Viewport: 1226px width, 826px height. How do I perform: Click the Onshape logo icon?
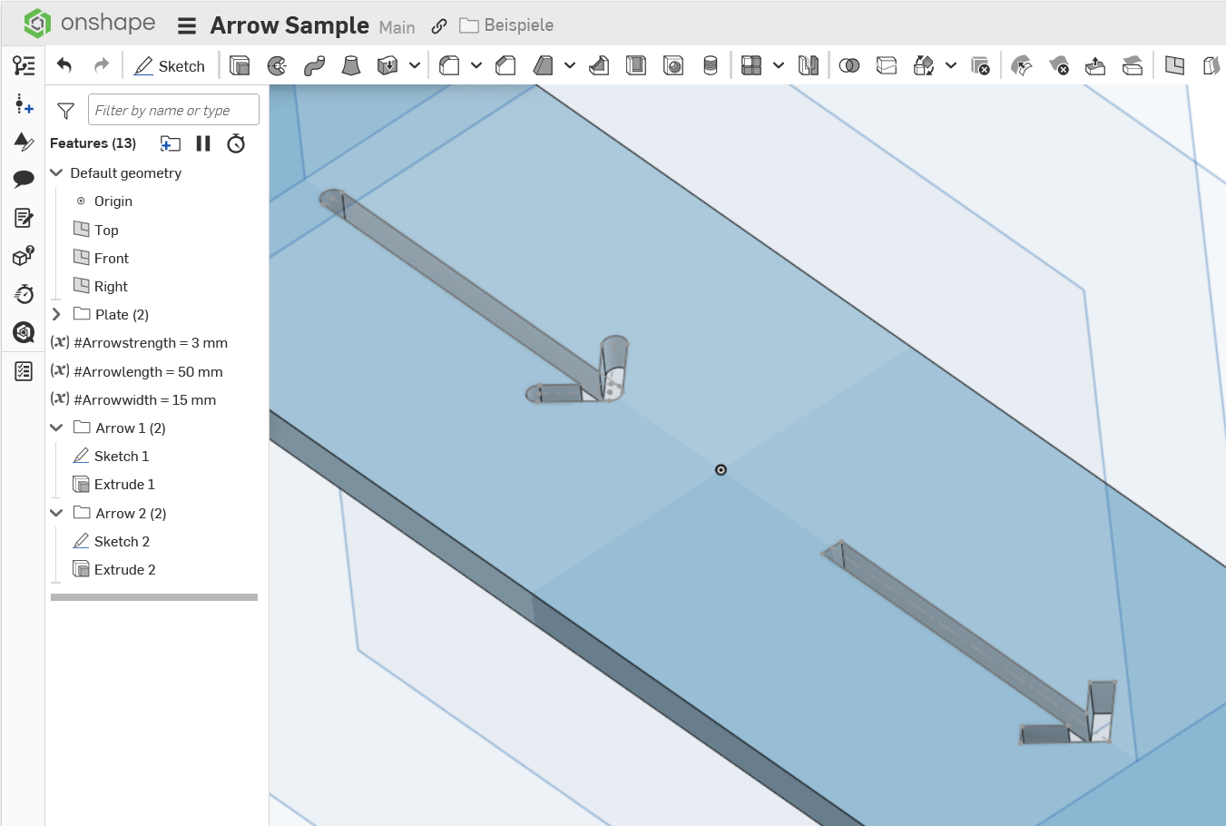pos(37,23)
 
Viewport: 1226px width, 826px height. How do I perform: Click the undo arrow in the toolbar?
pos(64,65)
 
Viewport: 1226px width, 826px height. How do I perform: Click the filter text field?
pos(173,110)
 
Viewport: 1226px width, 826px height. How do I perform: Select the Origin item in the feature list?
pos(113,201)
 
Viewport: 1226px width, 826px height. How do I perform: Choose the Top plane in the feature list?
pos(105,230)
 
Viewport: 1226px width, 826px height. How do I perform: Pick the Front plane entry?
pos(111,258)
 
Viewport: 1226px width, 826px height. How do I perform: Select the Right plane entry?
pos(111,286)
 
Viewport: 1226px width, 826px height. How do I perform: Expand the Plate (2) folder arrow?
pos(56,314)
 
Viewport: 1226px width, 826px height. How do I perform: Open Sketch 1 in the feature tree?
pos(121,456)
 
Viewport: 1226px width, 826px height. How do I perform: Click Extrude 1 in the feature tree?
pos(124,485)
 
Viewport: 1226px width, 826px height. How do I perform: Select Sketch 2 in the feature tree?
pos(122,541)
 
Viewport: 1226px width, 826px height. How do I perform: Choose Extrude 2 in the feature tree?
pos(125,569)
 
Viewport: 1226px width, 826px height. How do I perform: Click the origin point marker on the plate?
pos(721,469)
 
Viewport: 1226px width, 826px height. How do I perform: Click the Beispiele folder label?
pos(518,25)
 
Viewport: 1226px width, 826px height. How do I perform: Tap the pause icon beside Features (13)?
pos(203,143)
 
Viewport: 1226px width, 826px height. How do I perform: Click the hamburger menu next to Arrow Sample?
pos(187,25)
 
